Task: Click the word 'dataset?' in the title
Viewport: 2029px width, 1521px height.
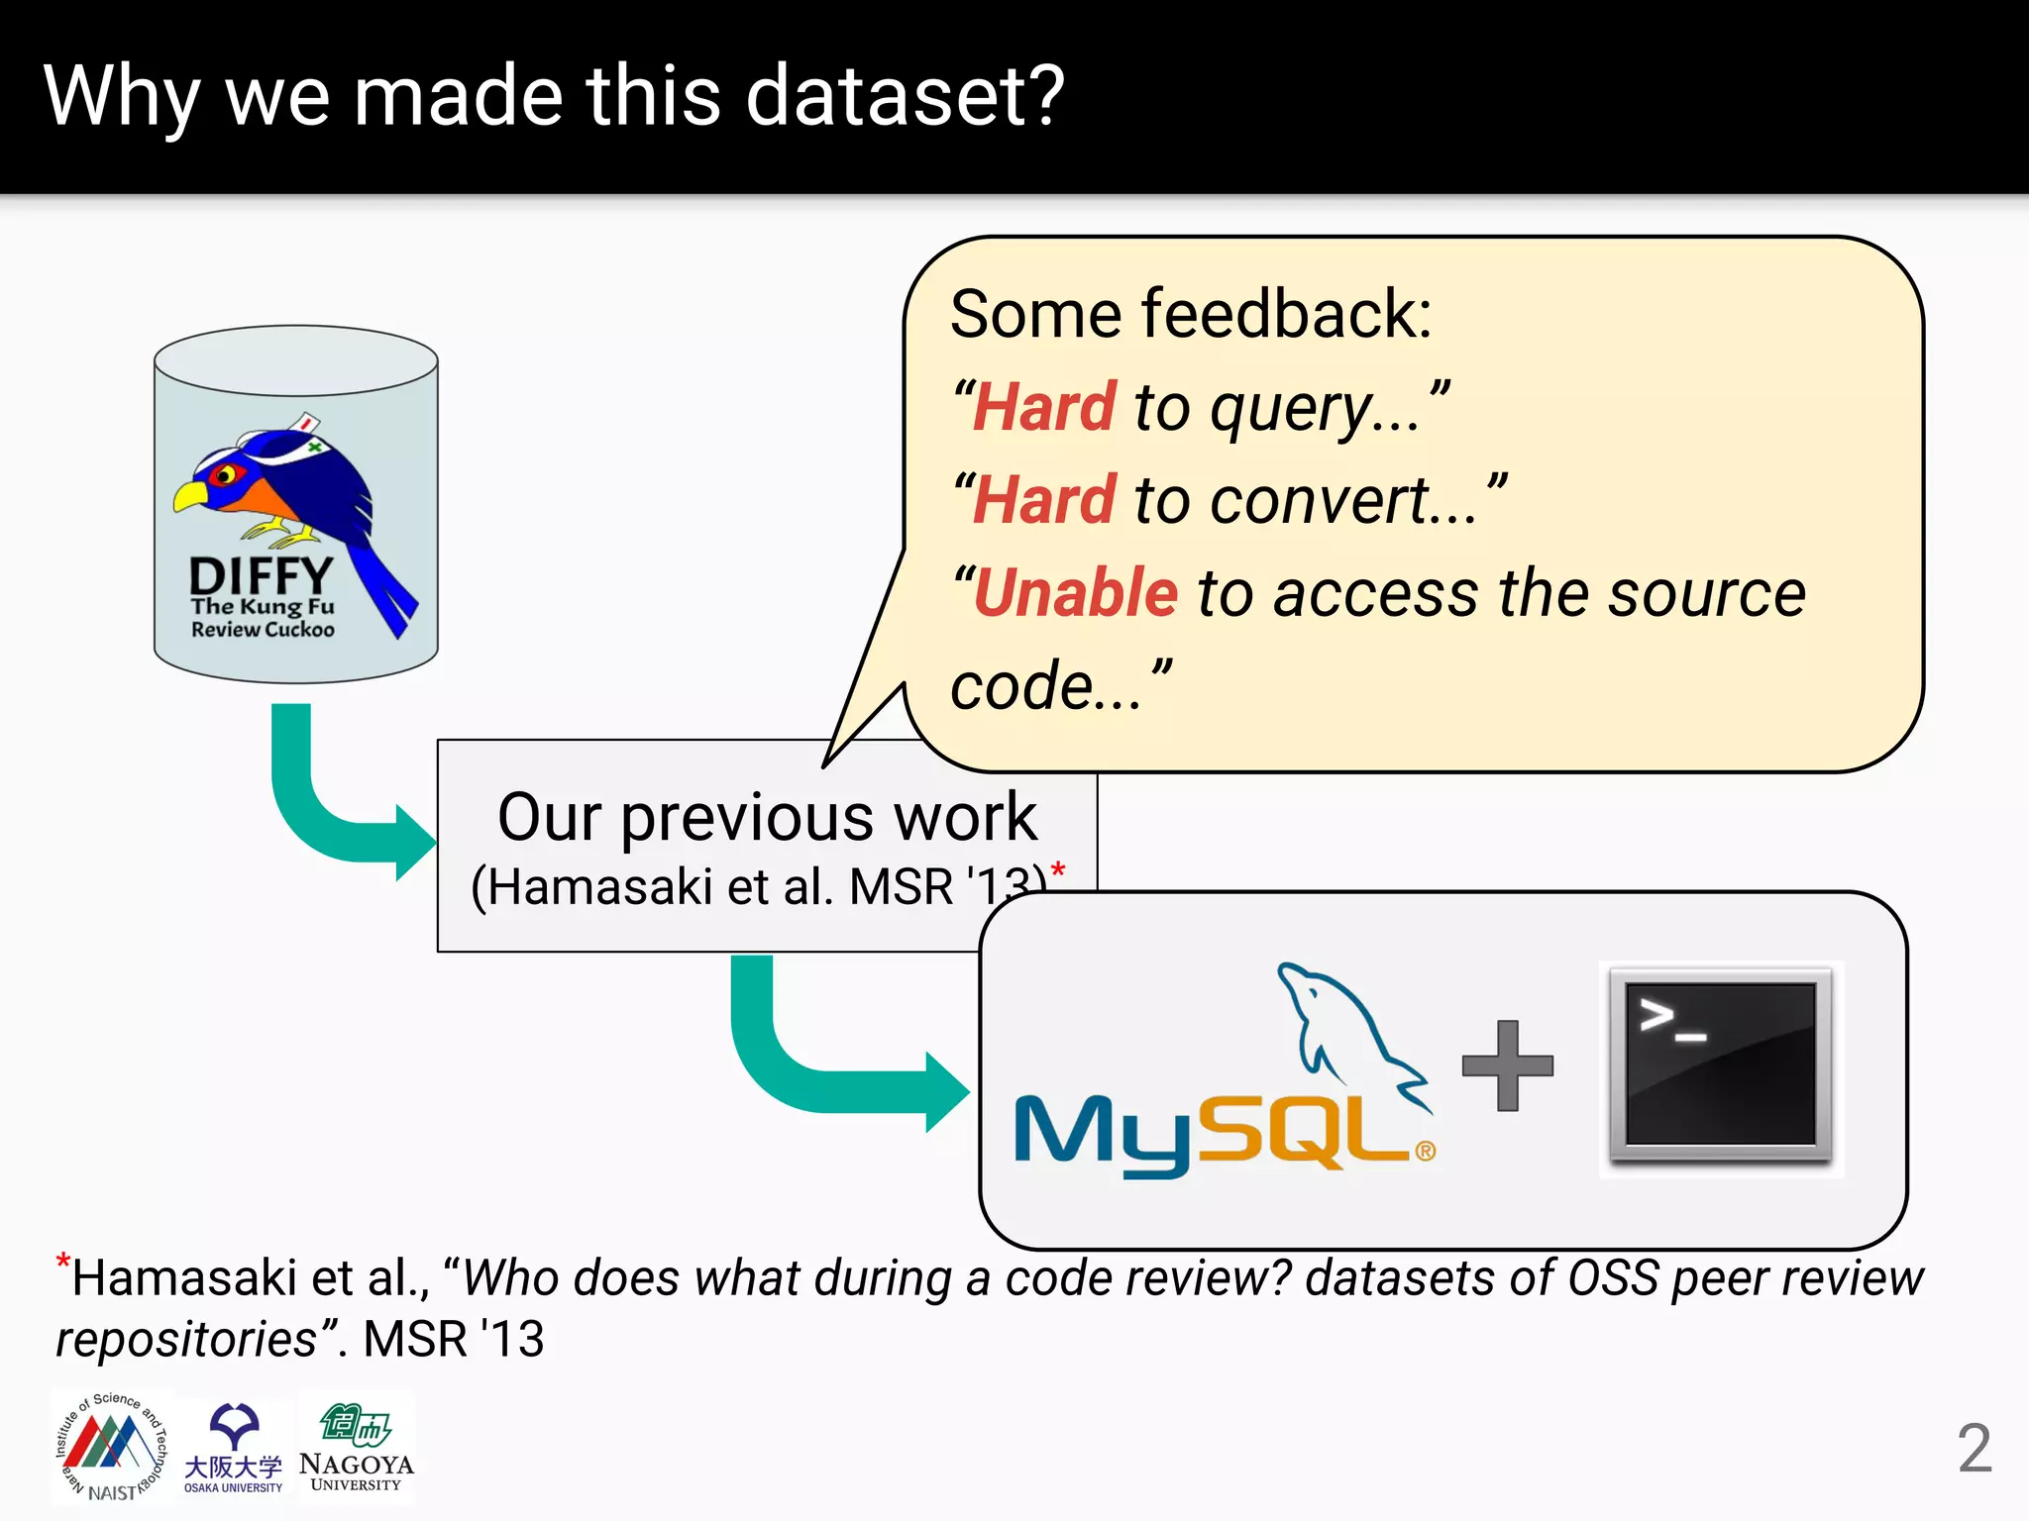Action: click(904, 97)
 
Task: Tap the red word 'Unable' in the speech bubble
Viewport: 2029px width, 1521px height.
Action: click(1076, 594)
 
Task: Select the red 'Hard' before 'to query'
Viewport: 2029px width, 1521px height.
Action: click(1044, 408)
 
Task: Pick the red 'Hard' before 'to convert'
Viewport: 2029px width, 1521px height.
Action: click(1044, 501)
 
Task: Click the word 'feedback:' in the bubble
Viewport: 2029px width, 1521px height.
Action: click(1287, 315)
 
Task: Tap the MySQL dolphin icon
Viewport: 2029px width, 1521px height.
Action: click(1347, 1030)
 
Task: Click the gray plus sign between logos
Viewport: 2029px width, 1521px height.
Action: click(1507, 1065)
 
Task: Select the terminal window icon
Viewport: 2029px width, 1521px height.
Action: click(1721, 1067)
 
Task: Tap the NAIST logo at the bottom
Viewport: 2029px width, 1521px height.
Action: click(111, 1447)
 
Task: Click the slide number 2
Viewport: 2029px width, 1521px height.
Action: click(1974, 1449)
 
